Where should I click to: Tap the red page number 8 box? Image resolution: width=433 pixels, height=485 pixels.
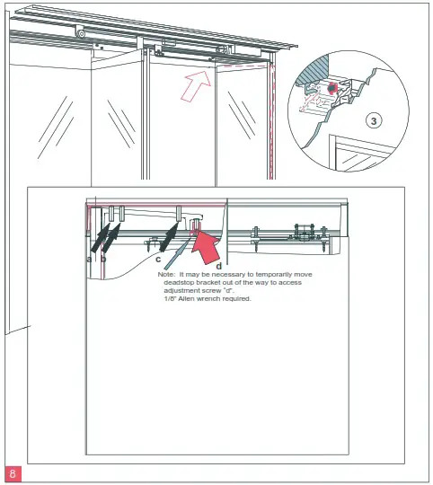pos(13,472)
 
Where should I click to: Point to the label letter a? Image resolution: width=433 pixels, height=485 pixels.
pos(88,259)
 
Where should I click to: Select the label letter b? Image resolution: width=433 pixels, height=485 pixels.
pos(103,259)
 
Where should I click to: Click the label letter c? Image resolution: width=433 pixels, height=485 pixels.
pos(158,259)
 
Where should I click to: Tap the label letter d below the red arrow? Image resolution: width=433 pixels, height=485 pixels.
pos(217,266)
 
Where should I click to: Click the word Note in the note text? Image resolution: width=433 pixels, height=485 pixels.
pos(166,274)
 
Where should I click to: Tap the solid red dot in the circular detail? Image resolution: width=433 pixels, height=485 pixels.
pos(331,88)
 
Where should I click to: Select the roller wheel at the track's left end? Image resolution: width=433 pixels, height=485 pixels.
pos(82,34)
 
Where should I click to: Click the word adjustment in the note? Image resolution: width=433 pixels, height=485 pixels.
pos(183,290)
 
